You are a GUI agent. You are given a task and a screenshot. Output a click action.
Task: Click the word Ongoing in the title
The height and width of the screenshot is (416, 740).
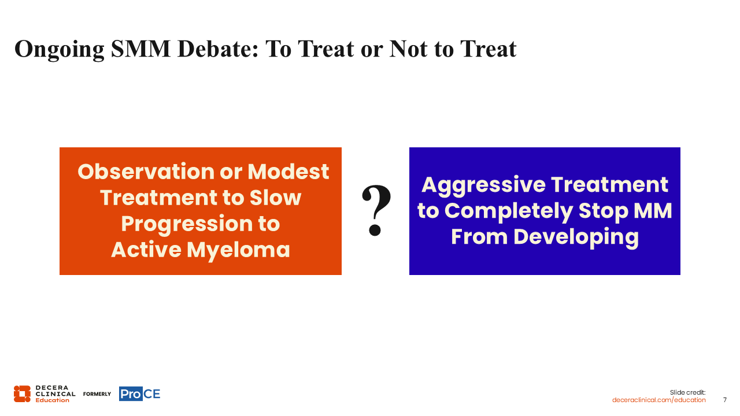coord(60,50)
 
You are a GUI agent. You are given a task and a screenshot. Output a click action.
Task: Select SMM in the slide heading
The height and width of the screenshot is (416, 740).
coord(140,49)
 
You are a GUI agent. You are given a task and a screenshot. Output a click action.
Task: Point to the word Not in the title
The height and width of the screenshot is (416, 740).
coord(408,49)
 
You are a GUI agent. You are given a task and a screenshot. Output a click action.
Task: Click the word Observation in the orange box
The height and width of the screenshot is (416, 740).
coord(146,172)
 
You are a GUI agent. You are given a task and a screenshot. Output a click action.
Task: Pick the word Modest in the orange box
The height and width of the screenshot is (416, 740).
coord(288,172)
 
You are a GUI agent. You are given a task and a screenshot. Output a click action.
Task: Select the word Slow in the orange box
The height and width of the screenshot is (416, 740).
coord(275,198)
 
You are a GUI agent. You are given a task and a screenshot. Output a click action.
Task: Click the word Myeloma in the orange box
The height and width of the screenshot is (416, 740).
coord(238,251)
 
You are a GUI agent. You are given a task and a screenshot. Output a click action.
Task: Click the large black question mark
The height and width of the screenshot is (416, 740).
coord(376,210)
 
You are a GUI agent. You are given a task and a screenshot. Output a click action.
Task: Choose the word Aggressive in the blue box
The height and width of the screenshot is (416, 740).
coord(484,185)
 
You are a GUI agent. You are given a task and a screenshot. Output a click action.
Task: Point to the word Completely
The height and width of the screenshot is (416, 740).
coord(509,211)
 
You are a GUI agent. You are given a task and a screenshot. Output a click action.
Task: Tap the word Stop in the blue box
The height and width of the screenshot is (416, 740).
coord(604,211)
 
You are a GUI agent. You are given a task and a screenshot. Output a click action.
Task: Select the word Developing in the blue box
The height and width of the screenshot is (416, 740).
coord(576,237)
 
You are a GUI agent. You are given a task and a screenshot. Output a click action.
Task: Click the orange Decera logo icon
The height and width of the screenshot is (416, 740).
coord(22,394)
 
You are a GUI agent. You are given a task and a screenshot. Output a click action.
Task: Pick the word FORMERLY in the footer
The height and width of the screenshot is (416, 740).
coord(97,394)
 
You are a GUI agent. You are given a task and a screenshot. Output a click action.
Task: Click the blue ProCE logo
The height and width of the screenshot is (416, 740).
coord(140,393)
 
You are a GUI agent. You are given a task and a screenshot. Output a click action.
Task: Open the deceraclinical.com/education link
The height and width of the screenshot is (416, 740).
coord(658,400)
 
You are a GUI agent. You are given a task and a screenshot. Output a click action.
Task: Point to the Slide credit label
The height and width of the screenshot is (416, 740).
coord(687,392)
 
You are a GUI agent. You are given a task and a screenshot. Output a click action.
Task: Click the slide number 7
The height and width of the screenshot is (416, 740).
coord(725,400)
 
